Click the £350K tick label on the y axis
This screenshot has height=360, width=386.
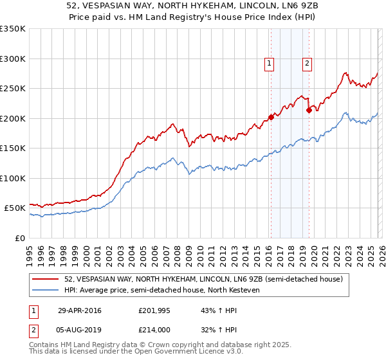pyautogui.click(x=13, y=29)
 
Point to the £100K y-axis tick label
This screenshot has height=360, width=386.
pyautogui.click(x=13, y=178)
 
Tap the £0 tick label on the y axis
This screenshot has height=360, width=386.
pyautogui.click(x=19, y=238)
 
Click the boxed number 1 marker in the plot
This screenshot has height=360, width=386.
pyautogui.click(x=268, y=63)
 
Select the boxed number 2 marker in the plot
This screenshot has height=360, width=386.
pyautogui.click(x=308, y=63)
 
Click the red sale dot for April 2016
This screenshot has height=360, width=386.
pyautogui.click(x=271, y=117)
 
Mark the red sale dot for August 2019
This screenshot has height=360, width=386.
pyautogui.click(x=309, y=110)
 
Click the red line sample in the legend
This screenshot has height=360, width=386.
pyautogui.click(x=46, y=280)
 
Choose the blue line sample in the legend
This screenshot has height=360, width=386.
pyautogui.click(x=46, y=290)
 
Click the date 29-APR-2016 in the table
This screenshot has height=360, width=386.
pyautogui.click(x=79, y=310)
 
